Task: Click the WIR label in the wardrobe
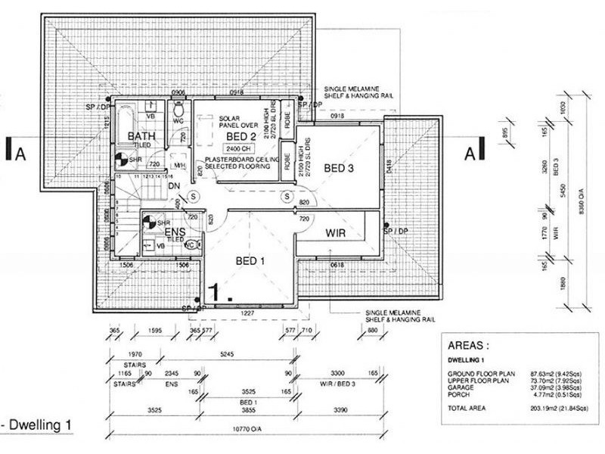point(336,233)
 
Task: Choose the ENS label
point(175,231)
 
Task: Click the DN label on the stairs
point(173,186)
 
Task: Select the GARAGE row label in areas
point(468,384)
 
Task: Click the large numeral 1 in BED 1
point(217,292)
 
